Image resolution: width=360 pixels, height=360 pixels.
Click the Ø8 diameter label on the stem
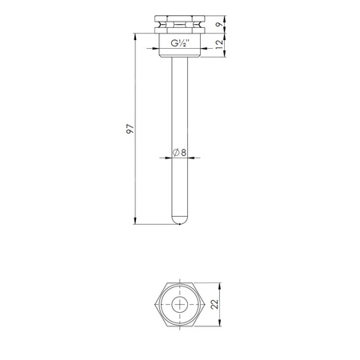click(x=179, y=153)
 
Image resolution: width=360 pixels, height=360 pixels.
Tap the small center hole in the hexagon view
click(x=180, y=305)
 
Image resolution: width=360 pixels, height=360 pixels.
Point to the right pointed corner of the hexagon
click(x=206, y=305)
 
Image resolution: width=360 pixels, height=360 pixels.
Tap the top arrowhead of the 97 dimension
click(x=136, y=36)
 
